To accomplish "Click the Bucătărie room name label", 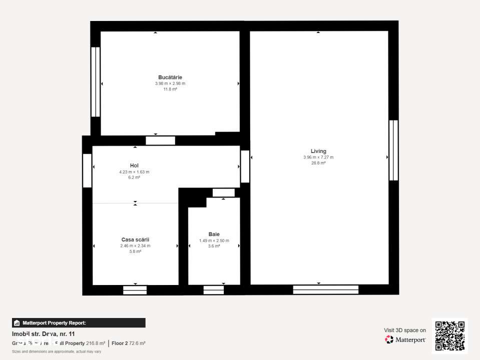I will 170,77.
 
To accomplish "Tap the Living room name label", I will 318,151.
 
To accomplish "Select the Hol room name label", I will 134,165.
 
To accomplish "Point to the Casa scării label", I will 135,239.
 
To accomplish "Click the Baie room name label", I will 214,234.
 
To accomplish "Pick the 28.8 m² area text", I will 318,163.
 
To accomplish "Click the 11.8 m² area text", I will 170,89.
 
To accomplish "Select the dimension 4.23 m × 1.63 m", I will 134,171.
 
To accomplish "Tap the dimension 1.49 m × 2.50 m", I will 214,240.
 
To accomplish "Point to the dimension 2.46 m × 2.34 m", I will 135,246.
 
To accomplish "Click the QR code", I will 449,335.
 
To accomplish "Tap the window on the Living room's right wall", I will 393,150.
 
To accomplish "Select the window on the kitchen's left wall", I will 95,82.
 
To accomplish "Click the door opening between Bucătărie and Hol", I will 160,140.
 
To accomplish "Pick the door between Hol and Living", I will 245,166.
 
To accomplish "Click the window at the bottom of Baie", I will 214,289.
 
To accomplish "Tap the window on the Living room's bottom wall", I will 326,289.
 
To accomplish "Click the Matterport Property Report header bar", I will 79,323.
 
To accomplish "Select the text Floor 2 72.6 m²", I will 128,343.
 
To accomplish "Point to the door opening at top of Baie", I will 223,192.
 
